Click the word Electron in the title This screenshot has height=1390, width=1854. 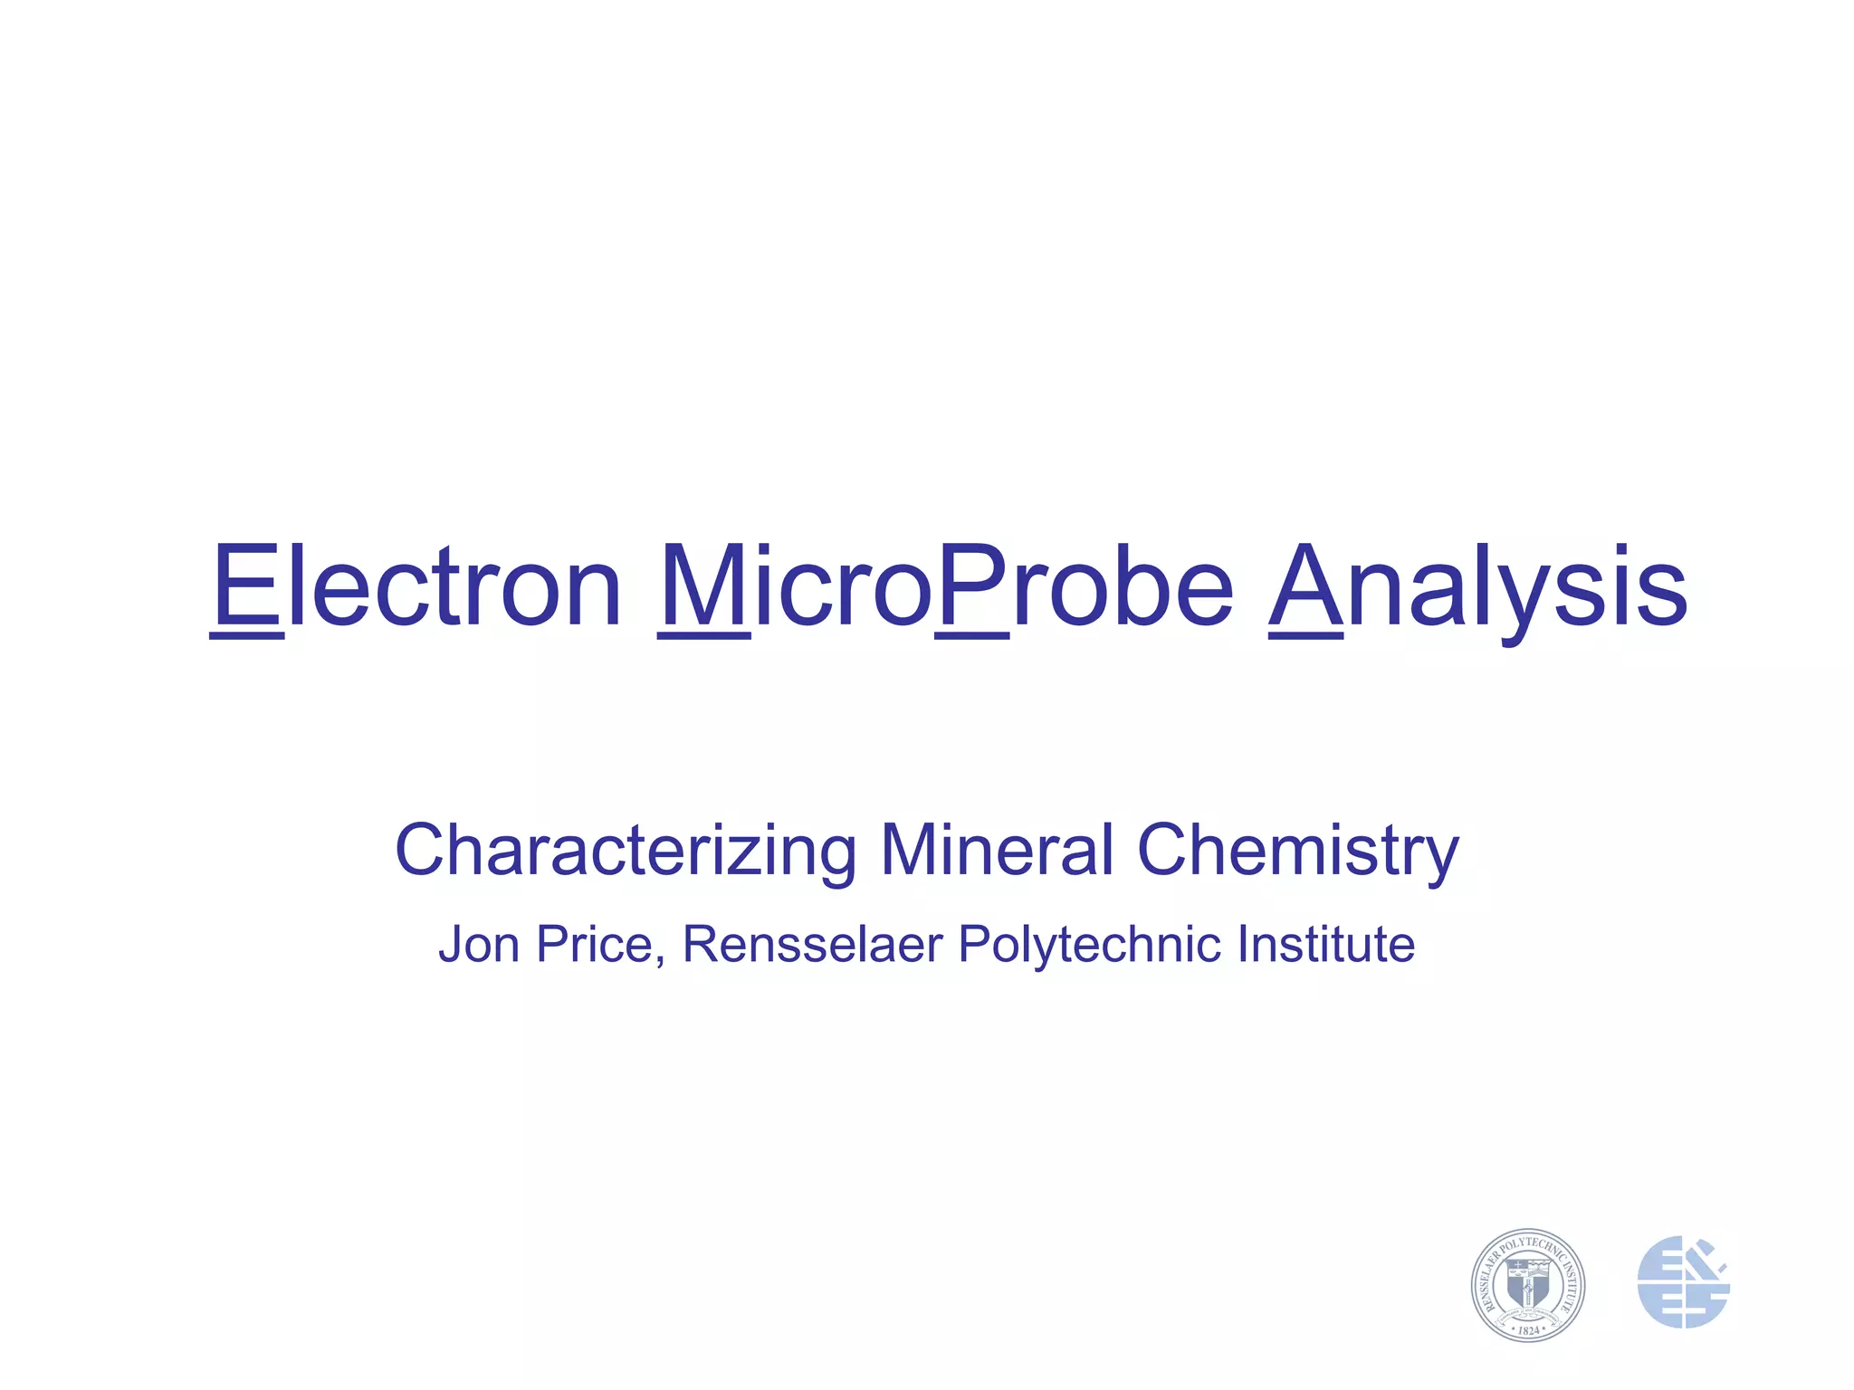(416, 586)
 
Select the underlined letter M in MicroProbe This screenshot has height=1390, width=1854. (703, 586)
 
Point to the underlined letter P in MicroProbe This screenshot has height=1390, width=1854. (972, 586)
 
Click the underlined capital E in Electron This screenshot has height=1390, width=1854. (246, 586)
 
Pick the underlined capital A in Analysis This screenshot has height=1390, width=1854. (1305, 586)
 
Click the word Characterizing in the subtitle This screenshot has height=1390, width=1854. (626, 851)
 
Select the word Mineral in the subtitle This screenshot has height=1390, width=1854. (996, 851)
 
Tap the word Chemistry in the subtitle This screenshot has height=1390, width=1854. (1297, 851)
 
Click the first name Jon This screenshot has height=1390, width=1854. (479, 945)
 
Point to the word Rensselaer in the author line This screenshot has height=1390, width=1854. (812, 945)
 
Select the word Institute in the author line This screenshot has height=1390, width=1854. (1325, 945)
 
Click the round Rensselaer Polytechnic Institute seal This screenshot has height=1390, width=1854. (1527, 1284)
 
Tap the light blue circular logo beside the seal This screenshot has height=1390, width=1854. (1683, 1282)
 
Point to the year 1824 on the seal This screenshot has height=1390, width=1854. (1528, 1329)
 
